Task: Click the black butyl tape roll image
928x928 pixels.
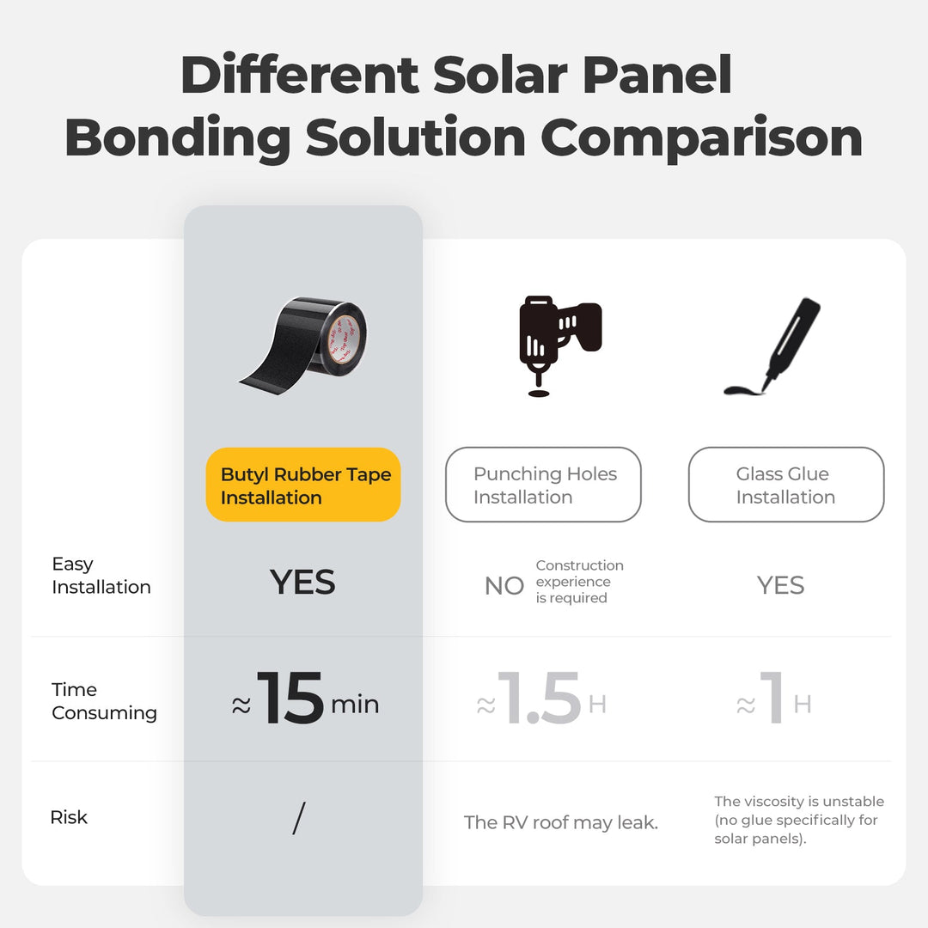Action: [303, 340]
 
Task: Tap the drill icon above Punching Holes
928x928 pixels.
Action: [559, 345]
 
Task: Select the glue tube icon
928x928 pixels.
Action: [772, 347]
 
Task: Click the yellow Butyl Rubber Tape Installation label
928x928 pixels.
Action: [303, 485]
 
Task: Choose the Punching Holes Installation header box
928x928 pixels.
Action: [543, 485]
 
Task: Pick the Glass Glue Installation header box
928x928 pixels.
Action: [785, 485]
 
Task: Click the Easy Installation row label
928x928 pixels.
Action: [101, 576]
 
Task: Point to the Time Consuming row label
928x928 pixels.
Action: [104, 701]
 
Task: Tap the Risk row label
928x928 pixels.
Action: [69, 817]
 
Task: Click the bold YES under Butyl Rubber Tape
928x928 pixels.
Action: [302, 583]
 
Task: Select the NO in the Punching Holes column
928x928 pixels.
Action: [504, 586]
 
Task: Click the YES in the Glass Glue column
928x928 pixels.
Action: [780, 586]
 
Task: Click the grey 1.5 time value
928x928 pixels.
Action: [540, 699]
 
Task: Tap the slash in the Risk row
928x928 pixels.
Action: [298, 818]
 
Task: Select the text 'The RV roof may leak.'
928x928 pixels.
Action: [560, 822]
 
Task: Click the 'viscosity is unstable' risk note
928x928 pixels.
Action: [798, 820]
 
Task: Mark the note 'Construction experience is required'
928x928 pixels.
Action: [579, 582]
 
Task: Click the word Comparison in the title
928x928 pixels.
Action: [701, 138]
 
